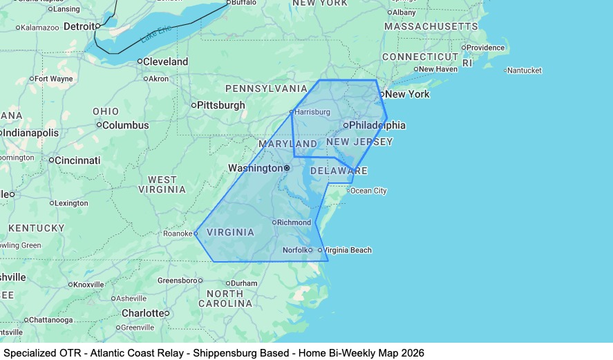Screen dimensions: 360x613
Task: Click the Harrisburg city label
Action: [x=312, y=112]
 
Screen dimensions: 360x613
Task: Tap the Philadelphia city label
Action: [x=377, y=125]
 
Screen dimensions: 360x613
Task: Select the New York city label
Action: [x=408, y=94]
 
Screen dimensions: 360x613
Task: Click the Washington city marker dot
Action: [x=287, y=168]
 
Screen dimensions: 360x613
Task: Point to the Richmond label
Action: [x=294, y=222]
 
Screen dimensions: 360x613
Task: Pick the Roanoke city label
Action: [x=178, y=234]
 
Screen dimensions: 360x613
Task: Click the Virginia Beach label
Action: [x=348, y=250]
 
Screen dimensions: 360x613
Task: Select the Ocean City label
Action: [x=369, y=191]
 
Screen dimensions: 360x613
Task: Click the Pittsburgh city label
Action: [x=221, y=105]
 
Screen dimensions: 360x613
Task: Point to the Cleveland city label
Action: [x=166, y=61]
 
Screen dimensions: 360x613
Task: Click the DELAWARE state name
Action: [x=339, y=171]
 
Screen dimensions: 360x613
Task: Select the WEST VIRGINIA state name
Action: [x=162, y=184]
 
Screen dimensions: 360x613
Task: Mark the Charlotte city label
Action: [x=142, y=313]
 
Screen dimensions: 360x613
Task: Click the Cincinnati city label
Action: [x=78, y=160]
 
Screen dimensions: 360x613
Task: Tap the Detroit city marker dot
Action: [x=98, y=26]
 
